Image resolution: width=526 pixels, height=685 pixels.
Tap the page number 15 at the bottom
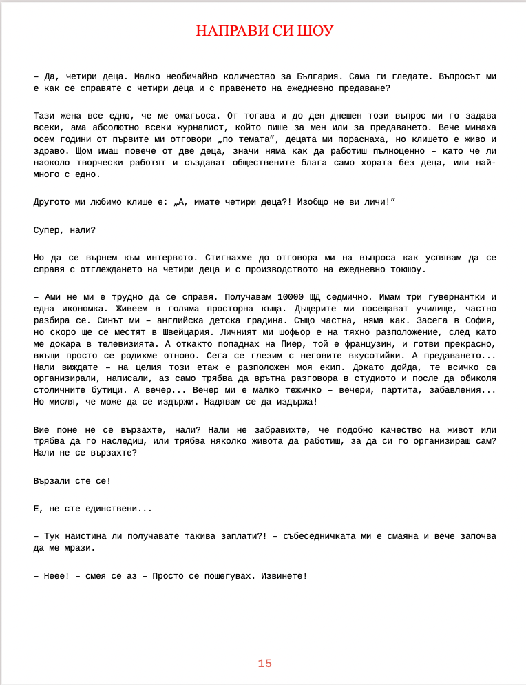[265, 664]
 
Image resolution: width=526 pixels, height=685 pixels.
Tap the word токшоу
[409, 269]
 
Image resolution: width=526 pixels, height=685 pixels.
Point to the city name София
[479, 320]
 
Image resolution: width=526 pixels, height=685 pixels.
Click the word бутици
[108, 390]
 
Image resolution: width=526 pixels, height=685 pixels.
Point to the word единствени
[108, 509]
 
